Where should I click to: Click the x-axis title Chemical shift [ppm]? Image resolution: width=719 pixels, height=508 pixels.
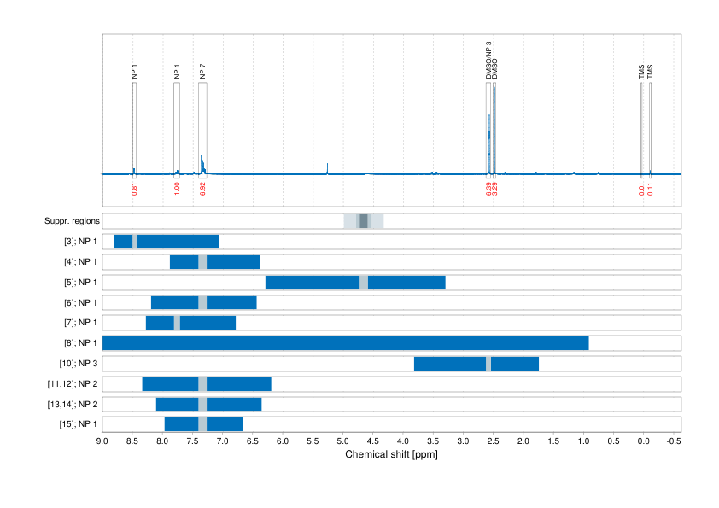tap(391, 454)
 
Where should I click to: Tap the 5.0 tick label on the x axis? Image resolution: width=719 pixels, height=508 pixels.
tap(342, 441)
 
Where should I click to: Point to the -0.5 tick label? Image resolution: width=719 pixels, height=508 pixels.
tap(673, 441)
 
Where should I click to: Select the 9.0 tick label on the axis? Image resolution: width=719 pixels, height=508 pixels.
tap(102, 441)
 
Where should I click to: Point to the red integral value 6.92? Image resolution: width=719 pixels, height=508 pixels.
tap(202, 188)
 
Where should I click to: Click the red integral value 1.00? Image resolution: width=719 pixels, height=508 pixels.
tap(177, 188)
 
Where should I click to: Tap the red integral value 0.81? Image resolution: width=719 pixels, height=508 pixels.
tap(134, 188)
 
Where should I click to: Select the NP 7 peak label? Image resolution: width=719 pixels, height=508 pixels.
tap(202, 73)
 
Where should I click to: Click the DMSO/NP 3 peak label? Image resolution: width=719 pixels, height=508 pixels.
tap(488, 61)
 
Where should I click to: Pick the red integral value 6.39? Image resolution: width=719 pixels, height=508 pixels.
tap(488, 188)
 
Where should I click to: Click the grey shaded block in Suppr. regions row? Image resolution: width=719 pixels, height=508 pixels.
tap(364, 221)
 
